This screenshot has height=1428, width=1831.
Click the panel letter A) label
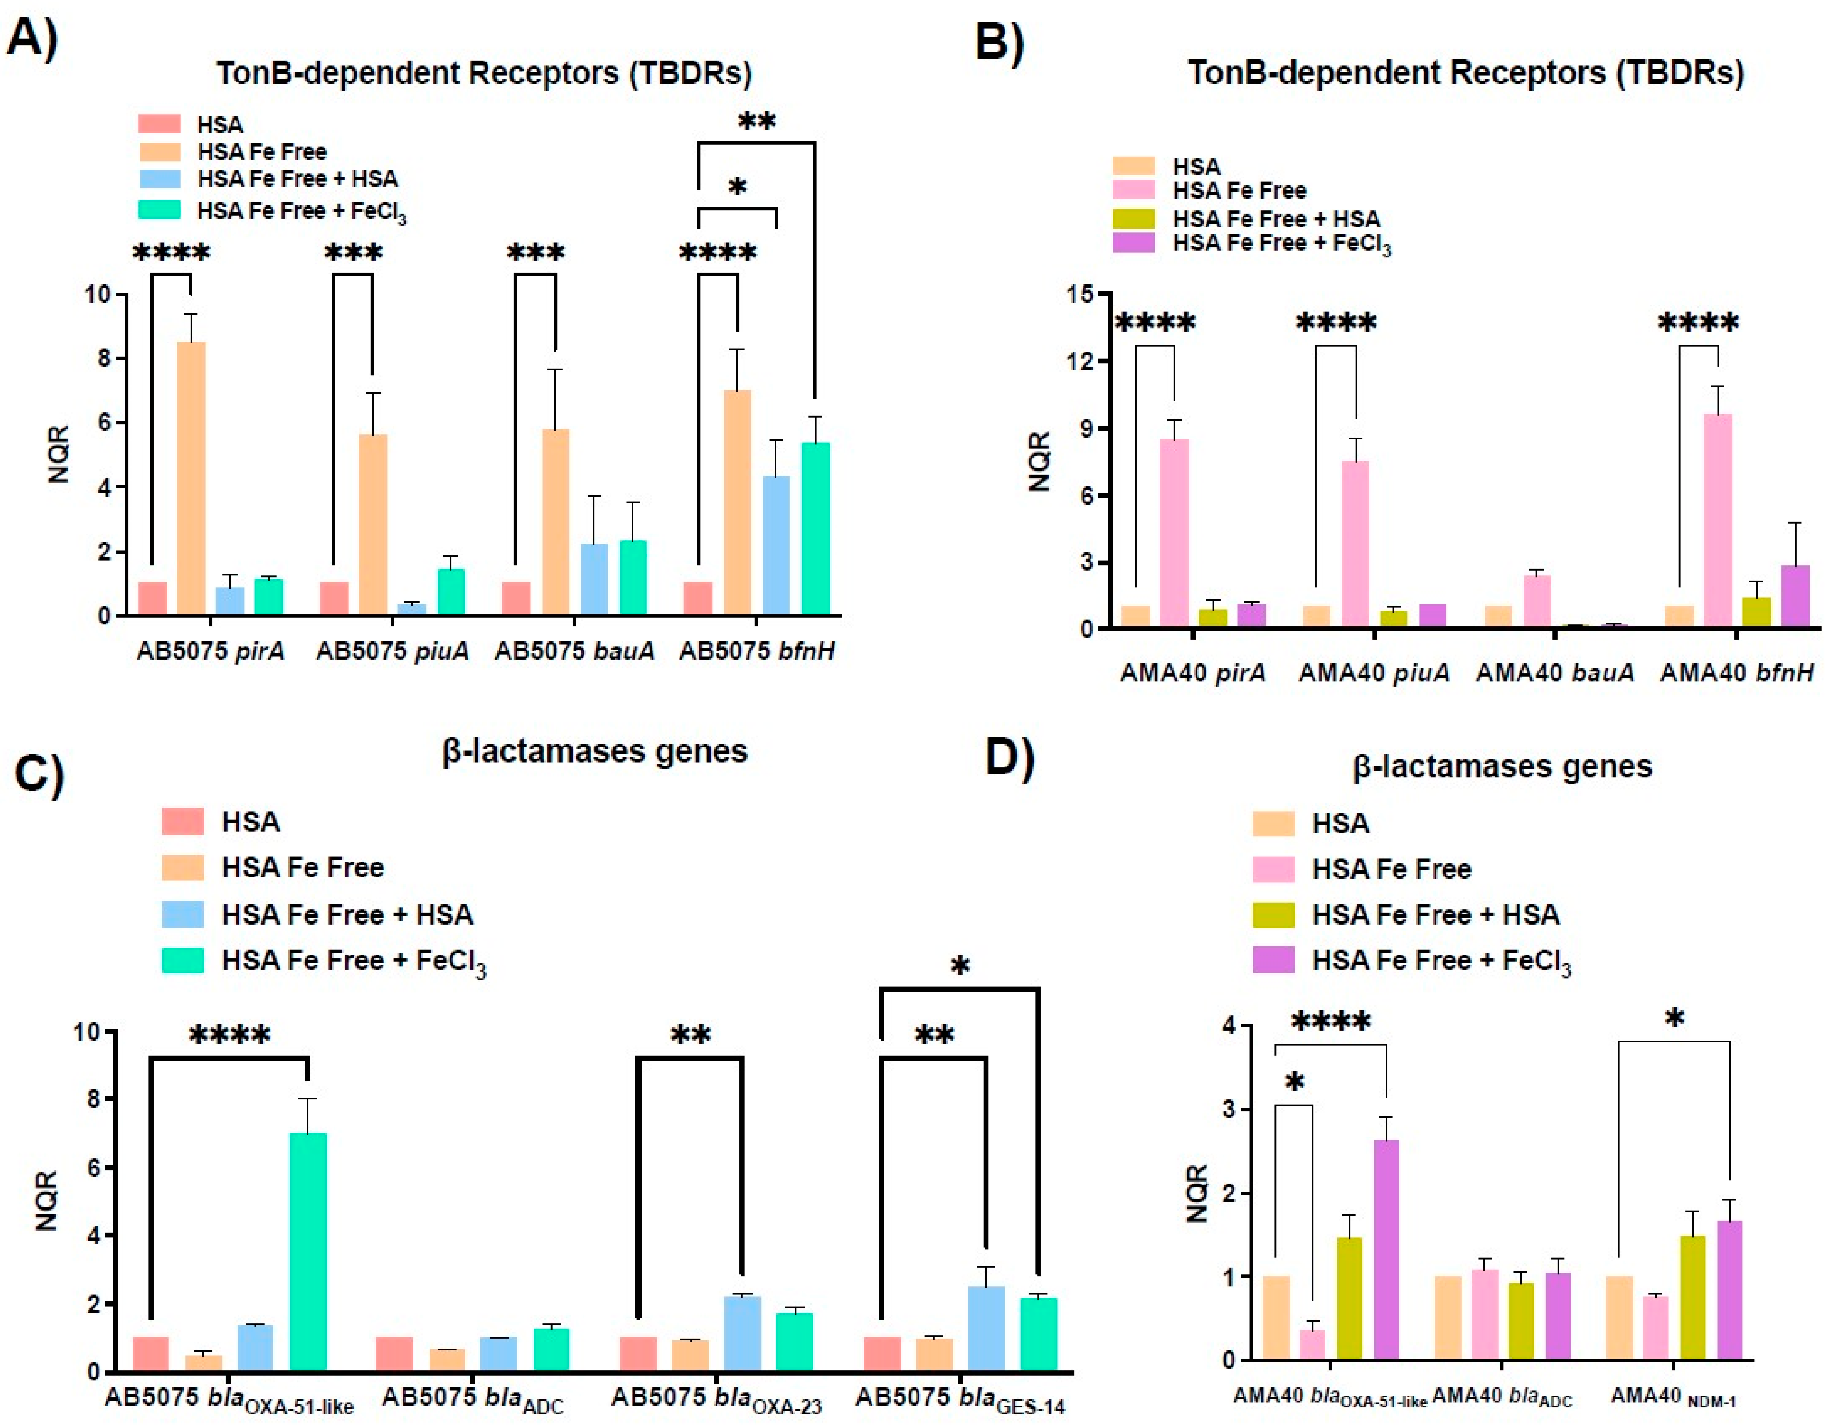32,37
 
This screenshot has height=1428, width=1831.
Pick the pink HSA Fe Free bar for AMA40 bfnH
1718,520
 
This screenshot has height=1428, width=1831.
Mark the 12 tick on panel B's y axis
1082,361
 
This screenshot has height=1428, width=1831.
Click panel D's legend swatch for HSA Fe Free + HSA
1273,914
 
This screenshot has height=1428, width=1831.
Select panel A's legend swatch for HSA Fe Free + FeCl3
159,209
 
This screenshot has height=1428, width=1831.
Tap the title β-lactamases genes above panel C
594,751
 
